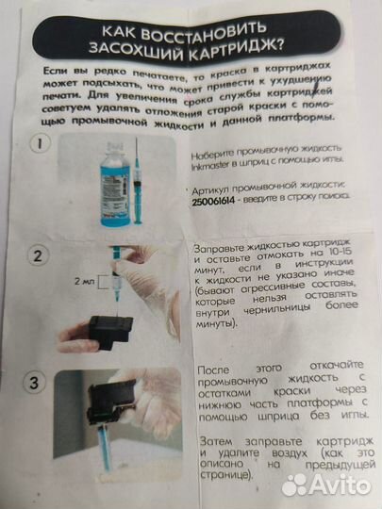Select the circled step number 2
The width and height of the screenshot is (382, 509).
click(x=37, y=256)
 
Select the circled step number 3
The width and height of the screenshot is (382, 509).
click(x=36, y=383)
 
